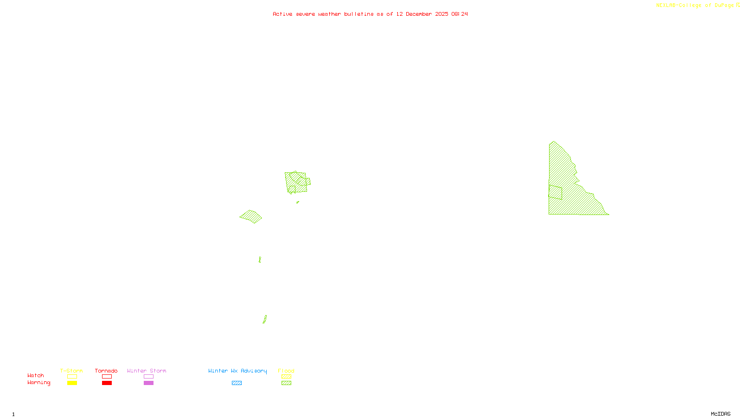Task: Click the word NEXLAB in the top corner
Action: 666,6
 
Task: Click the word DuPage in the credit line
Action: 724,6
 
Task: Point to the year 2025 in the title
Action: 441,14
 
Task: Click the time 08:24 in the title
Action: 460,14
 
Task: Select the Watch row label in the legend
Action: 36,376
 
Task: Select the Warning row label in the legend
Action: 38,383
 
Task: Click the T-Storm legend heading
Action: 71,371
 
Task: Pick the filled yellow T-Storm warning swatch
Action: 72,383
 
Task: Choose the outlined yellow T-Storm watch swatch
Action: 72,377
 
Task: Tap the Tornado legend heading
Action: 106,371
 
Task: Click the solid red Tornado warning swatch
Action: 107,383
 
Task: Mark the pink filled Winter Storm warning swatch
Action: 148,383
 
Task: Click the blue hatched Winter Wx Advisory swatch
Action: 237,383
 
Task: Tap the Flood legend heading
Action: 286,371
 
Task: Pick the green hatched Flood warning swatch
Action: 287,383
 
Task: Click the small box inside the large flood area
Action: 555,192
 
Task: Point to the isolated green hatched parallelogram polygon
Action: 250,216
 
